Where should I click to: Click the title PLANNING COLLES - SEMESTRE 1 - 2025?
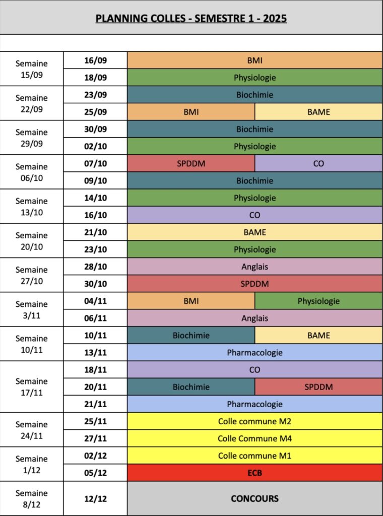pyautogui.click(x=191, y=19)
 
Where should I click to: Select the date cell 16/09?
pyautogui.click(x=95, y=60)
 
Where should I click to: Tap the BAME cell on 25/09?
pyautogui.click(x=318, y=112)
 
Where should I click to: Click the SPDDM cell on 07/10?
pyautogui.click(x=191, y=164)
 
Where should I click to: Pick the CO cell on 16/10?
pyautogui.click(x=254, y=215)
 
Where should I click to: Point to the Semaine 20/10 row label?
pyautogui.click(x=32, y=241)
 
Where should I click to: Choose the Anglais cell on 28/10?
pyautogui.click(x=254, y=267)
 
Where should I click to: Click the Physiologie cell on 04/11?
pyautogui.click(x=318, y=301)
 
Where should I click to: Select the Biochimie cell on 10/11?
pyautogui.click(x=191, y=335)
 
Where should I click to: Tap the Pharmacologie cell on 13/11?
pyautogui.click(x=254, y=353)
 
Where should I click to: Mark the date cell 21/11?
pyautogui.click(x=95, y=404)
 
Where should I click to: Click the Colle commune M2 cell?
pyautogui.click(x=254, y=421)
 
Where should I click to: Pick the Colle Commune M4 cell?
pyautogui.click(x=254, y=438)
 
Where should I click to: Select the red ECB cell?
pyautogui.click(x=254, y=473)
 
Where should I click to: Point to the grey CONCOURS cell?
pyautogui.click(x=254, y=498)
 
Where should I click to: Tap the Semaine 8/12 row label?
pyautogui.click(x=32, y=498)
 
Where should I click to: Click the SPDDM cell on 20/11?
pyautogui.click(x=318, y=387)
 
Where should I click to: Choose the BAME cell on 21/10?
pyautogui.click(x=254, y=232)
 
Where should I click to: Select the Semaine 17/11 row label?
pyautogui.click(x=32, y=386)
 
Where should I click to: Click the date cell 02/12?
pyautogui.click(x=95, y=456)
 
